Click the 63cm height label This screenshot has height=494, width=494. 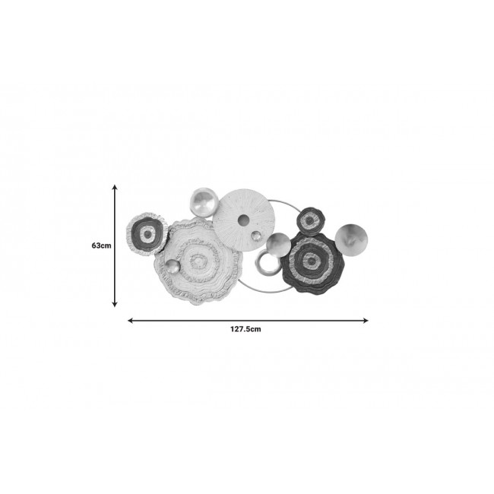click(x=101, y=245)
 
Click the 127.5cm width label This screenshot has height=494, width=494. click(x=245, y=329)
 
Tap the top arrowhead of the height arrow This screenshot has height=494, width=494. click(x=115, y=187)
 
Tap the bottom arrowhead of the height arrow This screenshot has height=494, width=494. click(x=115, y=304)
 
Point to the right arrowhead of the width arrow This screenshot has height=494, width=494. click(x=366, y=321)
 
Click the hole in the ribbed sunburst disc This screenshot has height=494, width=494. click(x=243, y=220)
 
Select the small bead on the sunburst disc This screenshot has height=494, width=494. click(x=256, y=236)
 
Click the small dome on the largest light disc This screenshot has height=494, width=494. click(x=173, y=268)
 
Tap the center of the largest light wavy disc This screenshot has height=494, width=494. click(x=198, y=261)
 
